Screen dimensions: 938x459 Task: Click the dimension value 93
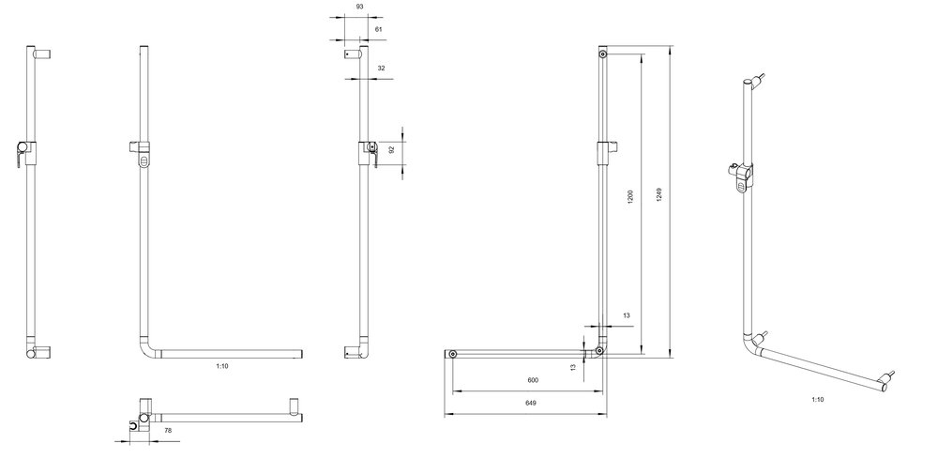359,6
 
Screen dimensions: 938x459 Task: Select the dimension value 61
379,29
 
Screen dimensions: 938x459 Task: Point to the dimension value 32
381,69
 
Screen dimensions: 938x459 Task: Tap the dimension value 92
392,150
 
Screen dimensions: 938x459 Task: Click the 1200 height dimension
630,197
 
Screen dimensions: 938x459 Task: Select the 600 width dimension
533,380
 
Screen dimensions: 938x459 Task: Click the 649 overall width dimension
531,403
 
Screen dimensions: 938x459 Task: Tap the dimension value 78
168,430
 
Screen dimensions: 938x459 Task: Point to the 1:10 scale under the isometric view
818,399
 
